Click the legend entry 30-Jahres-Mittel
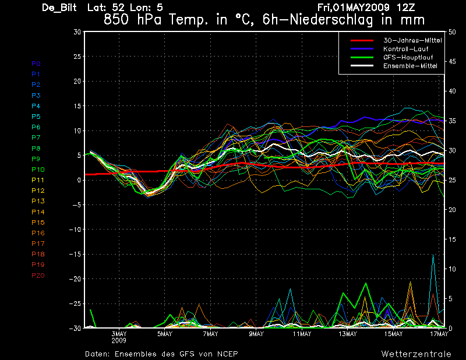pyautogui.click(x=412, y=40)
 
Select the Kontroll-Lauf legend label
pyautogui.click(x=405, y=49)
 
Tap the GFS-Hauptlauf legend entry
pyautogui.click(x=408, y=57)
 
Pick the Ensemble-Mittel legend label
pyautogui.click(x=410, y=66)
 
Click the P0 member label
pyautogui.click(x=36, y=63)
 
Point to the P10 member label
pyautogui.click(x=38, y=170)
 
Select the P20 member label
pyautogui.click(x=38, y=276)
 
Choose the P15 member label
pyautogui.click(x=38, y=223)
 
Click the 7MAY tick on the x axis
pyautogui.click(x=210, y=334)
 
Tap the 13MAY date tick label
pyautogui.click(x=348, y=334)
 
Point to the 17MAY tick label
pyautogui.click(x=439, y=334)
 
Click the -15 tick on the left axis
pyautogui.click(x=75, y=254)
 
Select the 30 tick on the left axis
pyautogui.click(x=77, y=31)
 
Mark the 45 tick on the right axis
pyautogui.click(x=452, y=62)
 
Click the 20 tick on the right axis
pyautogui.click(x=452, y=210)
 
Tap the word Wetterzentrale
pyautogui.click(x=416, y=354)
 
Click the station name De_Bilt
pyautogui.click(x=59, y=8)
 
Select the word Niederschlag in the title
pyautogui.click(x=331, y=20)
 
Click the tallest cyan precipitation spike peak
pyautogui.click(x=433, y=255)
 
